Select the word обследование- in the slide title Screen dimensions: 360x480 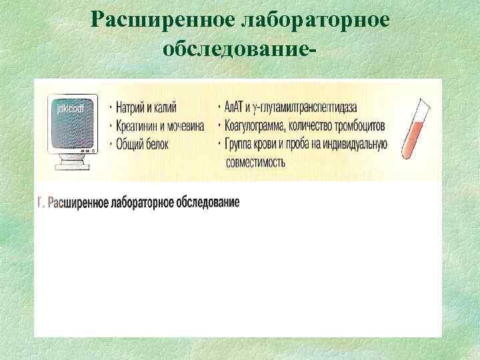[x=239, y=49]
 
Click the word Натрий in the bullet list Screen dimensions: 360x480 [x=130, y=108]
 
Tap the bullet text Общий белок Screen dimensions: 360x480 [x=142, y=143]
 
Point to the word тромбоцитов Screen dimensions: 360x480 [x=363, y=126]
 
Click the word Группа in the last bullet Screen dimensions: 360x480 [x=241, y=143]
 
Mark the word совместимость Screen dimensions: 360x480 [x=257, y=161]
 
